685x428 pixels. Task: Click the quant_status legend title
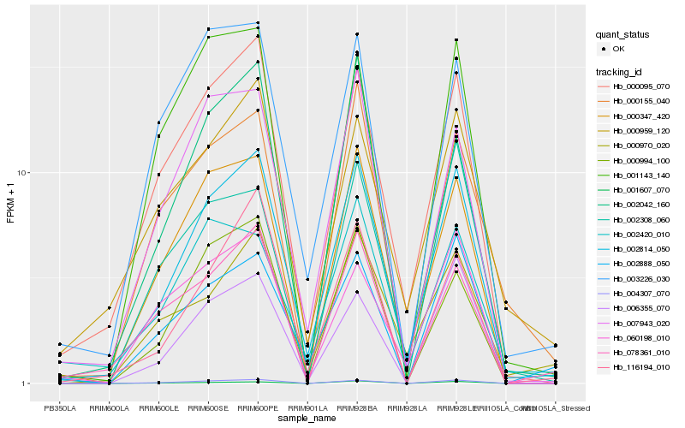click(x=622, y=34)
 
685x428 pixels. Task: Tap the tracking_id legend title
click(x=619, y=71)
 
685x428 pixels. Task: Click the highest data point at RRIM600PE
click(x=258, y=23)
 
